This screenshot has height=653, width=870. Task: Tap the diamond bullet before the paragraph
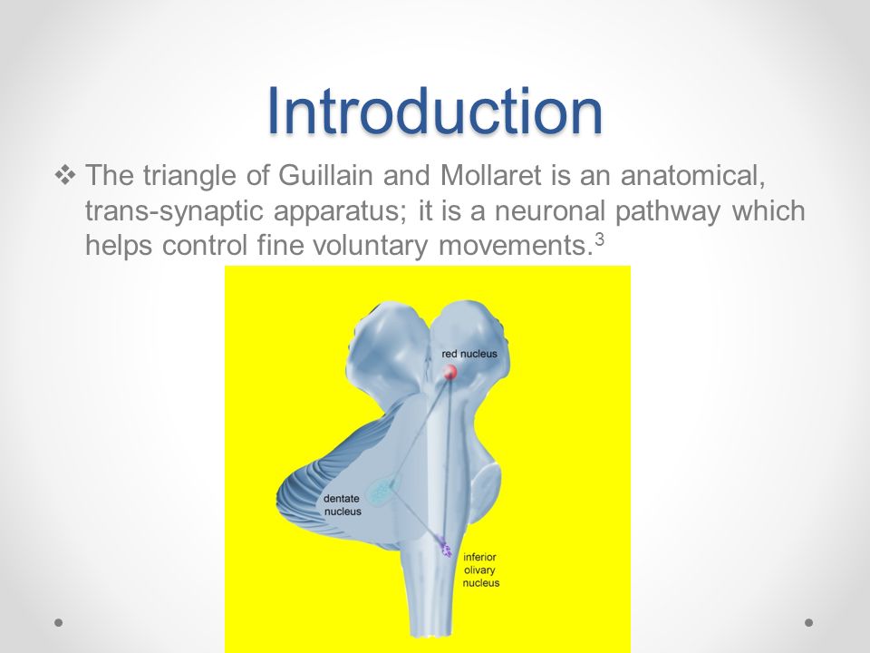point(65,175)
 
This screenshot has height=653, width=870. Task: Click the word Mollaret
point(490,175)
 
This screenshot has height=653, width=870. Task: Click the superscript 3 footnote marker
point(599,239)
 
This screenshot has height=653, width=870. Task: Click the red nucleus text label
point(469,354)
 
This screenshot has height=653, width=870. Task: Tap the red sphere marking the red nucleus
point(449,372)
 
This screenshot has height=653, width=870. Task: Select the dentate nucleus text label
point(342,505)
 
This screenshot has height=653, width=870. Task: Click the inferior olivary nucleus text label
point(480,570)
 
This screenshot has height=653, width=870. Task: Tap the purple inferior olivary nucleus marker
point(445,546)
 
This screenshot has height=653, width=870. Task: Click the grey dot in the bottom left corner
point(58,622)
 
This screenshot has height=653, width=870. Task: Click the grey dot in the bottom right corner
point(809,622)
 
